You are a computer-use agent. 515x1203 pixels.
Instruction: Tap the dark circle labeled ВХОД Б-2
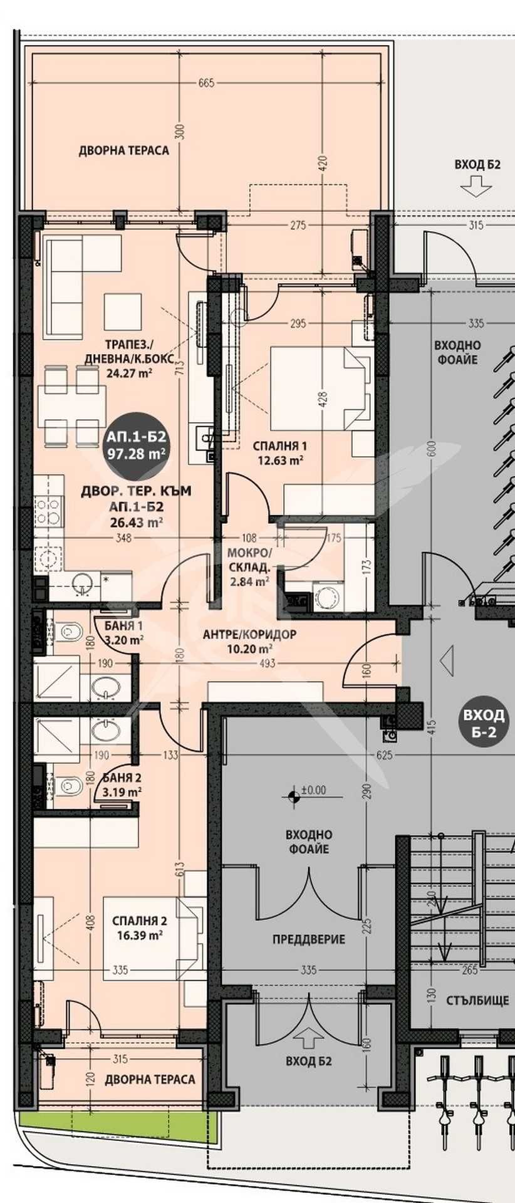click(482, 722)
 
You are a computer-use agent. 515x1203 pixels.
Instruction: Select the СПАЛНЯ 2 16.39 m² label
click(139, 927)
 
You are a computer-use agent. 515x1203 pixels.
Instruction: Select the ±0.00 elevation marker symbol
click(293, 796)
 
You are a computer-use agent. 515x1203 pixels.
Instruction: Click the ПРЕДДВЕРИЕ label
click(308, 939)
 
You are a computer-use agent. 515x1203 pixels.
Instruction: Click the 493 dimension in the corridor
click(267, 663)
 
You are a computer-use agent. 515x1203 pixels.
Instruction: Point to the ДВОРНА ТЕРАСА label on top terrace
click(123, 150)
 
